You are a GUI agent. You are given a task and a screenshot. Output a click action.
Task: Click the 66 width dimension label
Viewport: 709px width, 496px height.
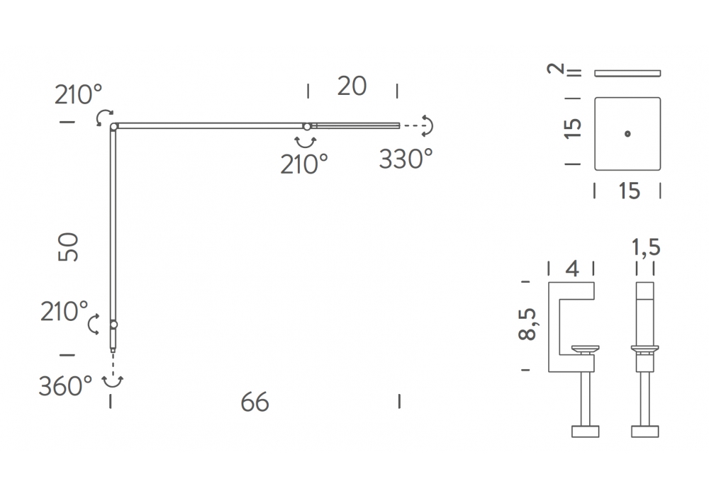(255, 402)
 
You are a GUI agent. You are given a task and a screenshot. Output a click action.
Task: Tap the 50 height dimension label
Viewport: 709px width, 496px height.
(68, 247)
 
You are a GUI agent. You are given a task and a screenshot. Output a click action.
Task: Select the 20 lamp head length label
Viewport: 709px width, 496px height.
(352, 86)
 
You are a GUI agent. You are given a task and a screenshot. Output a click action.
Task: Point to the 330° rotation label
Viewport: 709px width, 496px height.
(406, 159)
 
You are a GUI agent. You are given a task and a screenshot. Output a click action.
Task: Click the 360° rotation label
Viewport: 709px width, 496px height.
(65, 386)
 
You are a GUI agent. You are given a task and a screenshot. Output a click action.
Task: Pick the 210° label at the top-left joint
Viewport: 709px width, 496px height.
(78, 95)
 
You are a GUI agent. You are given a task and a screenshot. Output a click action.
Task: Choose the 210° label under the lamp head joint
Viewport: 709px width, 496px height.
(304, 164)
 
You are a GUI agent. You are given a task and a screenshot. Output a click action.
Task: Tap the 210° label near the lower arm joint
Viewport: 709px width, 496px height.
(65, 312)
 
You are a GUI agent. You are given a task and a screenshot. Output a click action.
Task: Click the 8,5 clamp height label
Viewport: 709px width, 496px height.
(527, 324)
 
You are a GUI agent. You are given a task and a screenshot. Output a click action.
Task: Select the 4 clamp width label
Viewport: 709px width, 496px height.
(572, 269)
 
